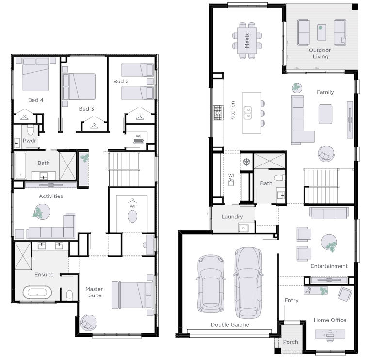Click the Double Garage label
230,325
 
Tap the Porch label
290,342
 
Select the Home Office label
330,320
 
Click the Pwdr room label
30,141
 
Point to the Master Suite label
94,292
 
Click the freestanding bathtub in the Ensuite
37,293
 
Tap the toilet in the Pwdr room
31,130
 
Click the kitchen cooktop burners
218,113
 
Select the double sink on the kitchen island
248,113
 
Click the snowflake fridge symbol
246,162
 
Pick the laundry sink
243,228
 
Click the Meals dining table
247,41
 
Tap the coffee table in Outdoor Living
321,32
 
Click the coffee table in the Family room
325,114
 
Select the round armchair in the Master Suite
88,323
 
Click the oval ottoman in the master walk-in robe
132,216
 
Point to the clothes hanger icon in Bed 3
95,126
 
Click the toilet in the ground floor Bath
279,178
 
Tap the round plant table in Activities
42,212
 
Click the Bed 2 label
121,82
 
